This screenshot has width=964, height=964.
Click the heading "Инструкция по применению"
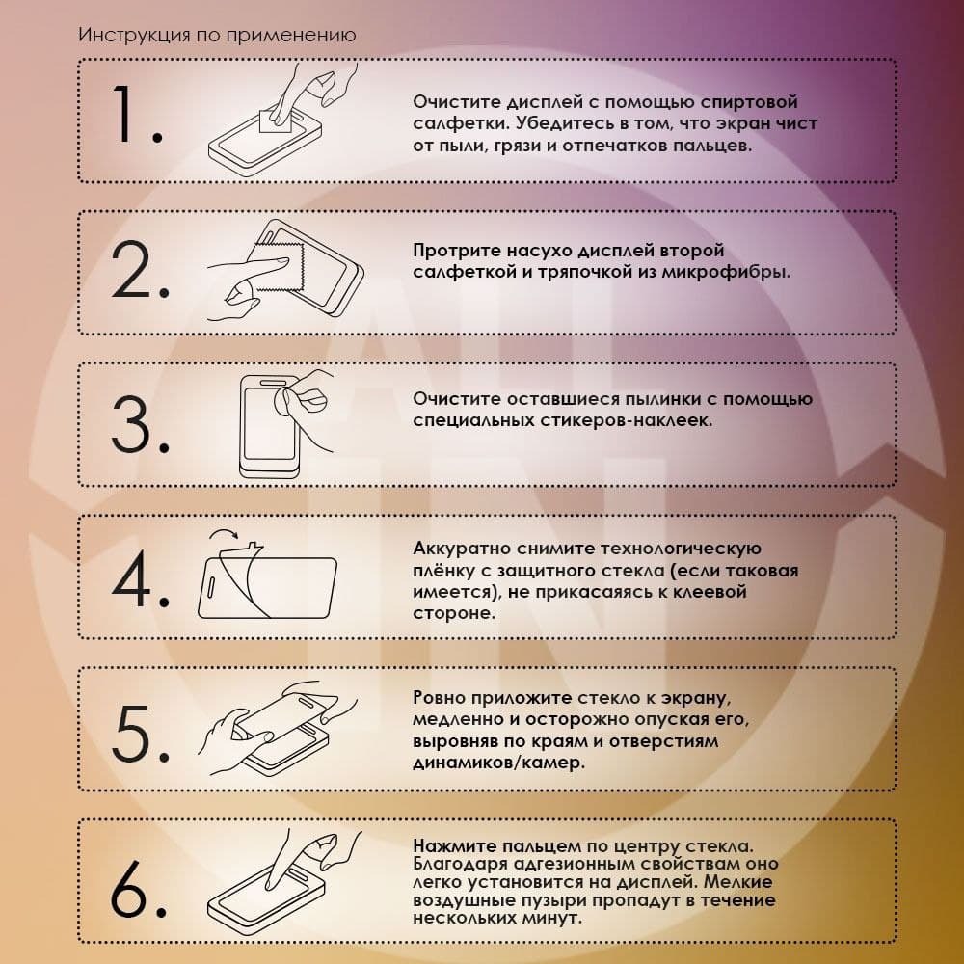[x=217, y=35]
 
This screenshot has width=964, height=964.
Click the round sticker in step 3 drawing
[x=284, y=403]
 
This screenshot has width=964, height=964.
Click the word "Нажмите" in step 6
[x=454, y=846]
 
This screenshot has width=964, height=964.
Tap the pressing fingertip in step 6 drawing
[x=270, y=884]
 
